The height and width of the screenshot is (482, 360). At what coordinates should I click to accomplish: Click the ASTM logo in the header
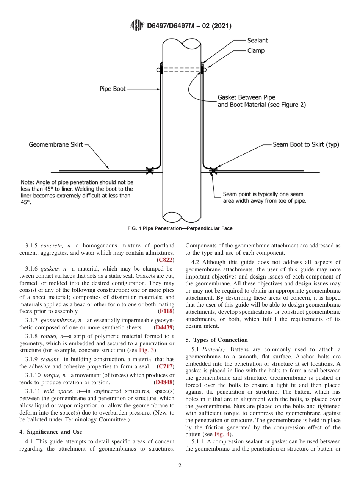(x=137, y=26)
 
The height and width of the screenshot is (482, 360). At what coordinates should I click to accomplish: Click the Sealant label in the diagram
(x=257, y=41)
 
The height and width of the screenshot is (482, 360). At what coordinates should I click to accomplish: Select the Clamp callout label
(x=256, y=50)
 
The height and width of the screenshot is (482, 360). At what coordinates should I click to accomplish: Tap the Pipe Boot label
(x=113, y=89)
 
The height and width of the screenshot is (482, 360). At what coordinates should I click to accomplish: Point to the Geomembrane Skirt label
(x=56, y=145)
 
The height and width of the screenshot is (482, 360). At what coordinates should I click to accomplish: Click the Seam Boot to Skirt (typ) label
(x=306, y=145)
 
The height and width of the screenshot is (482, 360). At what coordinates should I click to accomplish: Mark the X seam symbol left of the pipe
(x=150, y=171)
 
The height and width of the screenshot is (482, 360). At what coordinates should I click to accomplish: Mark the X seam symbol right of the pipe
(x=213, y=171)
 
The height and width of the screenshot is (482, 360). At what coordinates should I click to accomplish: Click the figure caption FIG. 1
(x=180, y=228)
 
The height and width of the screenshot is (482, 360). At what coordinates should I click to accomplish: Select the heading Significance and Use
(x=50, y=432)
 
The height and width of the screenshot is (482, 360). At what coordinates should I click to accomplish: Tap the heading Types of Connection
(x=217, y=340)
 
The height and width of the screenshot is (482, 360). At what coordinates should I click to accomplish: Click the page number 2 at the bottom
(x=180, y=466)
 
